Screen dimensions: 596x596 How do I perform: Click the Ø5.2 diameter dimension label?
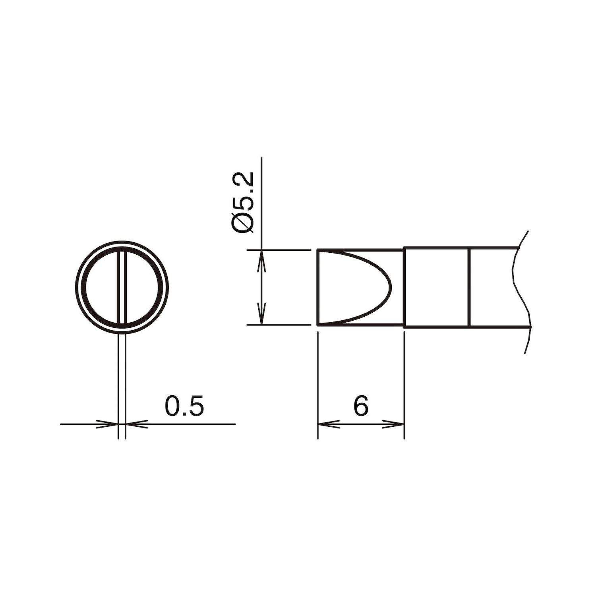[x=242, y=203]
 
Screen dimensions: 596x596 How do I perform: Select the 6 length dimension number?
[x=361, y=406]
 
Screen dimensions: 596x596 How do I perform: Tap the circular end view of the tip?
[x=122, y=286]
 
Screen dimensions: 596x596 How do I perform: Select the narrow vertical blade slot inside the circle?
[x=122, y=286]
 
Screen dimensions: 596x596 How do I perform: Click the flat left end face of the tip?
[x=318, y=287]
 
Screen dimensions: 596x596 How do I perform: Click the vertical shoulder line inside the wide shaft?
[x=470, y=287]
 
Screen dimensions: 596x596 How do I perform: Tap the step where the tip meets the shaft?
[x=404, y=287]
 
